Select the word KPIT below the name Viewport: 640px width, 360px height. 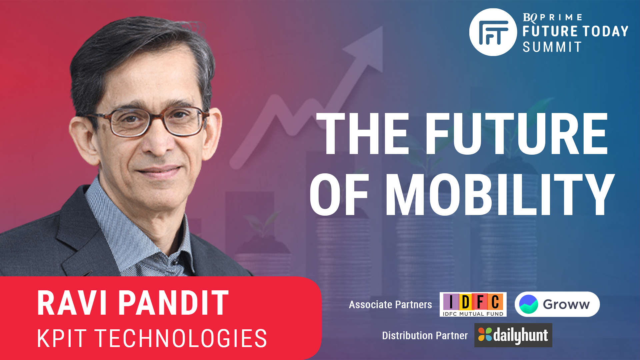click(62, 338)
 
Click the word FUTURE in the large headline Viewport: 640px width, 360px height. click(516, 134)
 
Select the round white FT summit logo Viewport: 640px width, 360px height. click(493, 32)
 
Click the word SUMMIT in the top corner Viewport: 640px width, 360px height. click(552, 47)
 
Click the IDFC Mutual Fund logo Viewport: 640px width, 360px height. click(473, 304)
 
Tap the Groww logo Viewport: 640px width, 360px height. click(557, 304)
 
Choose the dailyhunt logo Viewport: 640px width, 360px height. click(513, 335)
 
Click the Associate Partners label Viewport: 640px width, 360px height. click(390, 305)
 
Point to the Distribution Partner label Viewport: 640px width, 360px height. click(425, 335)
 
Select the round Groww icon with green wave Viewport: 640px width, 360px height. click(529, 304)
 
